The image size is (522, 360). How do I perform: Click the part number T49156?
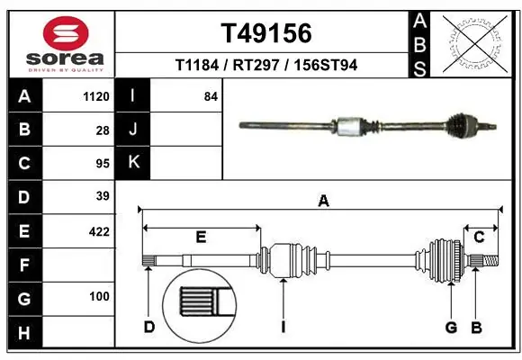[x=266, y=34]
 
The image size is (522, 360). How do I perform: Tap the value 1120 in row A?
[x=95, y=96]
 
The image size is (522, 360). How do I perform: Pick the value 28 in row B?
[x=102, y=130]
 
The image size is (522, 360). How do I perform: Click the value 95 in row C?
[x=102, y=163]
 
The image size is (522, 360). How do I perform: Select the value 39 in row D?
[x=102, y=196]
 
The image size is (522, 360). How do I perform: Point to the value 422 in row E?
[x=99, y=231]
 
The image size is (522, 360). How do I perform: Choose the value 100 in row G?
[x=99, y=296]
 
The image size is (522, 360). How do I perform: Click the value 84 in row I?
[x=211, y=96]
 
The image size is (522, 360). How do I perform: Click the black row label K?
[x=133, y=163]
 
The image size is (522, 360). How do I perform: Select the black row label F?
[x=23, y=265]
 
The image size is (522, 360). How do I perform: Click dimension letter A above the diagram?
[x=323, y=202]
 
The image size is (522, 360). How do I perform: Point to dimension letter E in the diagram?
[x=201, y=237]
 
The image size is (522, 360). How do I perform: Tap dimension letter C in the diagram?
[x=479, y=237]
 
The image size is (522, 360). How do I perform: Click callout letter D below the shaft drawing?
[x=149, y=327]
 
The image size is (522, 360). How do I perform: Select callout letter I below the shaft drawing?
[x=283, y=327]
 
